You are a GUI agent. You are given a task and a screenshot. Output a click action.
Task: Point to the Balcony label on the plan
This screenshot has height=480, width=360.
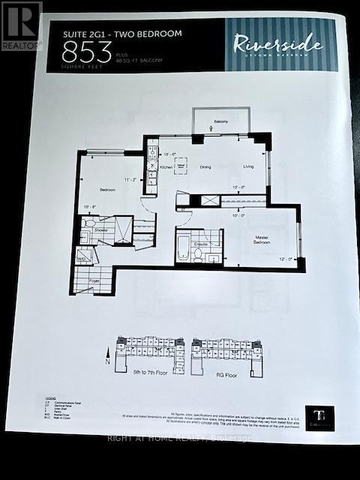point(220,121)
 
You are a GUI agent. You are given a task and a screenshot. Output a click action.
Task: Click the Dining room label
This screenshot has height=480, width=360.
point(205,166)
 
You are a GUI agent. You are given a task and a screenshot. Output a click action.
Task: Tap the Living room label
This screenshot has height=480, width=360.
point(249,166)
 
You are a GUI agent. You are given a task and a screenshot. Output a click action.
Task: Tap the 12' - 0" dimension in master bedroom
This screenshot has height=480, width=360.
point(286,259)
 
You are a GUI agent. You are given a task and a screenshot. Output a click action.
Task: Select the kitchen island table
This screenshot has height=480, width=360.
point(180,165)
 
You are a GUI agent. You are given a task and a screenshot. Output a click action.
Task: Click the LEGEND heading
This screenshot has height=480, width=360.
point(51,399)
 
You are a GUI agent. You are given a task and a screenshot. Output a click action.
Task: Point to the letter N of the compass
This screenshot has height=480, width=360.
point(107,361)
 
